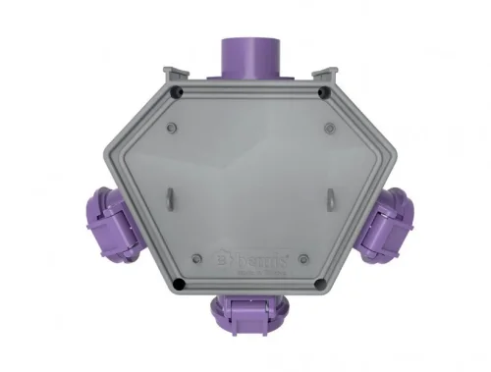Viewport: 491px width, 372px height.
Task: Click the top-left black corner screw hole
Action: [x=175, y=94]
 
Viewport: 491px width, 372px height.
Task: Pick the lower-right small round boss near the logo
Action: [x=305, y=260]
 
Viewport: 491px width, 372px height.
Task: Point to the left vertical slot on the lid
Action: [x=166, y=197]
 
